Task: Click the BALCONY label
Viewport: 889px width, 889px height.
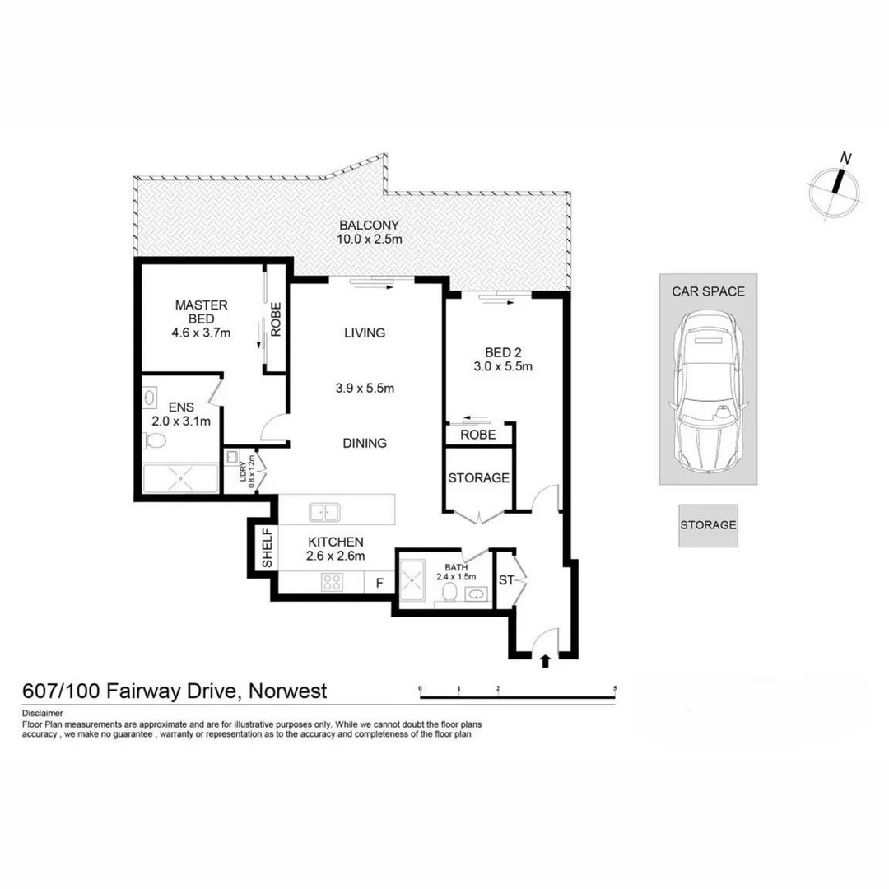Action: click(x=370, y=225)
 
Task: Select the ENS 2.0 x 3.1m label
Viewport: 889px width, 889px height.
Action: click(x=181, y=414)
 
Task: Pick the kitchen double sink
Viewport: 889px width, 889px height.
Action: click(x=325, y=512)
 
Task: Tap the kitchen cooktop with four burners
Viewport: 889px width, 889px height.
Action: click(x=332, y=581)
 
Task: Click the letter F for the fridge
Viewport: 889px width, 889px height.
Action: click(x=379, y=582)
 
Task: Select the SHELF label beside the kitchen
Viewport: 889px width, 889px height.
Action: click(x=267, y=549)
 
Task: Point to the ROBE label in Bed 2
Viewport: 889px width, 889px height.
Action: click(x=477, y=435)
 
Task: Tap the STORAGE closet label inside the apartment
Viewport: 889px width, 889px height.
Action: click(x=478, y=477)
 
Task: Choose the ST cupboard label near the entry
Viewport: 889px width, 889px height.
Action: click(x=505, y=580)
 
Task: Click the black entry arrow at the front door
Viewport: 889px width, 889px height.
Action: click(x=544, y=660)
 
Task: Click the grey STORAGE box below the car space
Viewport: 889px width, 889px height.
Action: click(x=708, y=524)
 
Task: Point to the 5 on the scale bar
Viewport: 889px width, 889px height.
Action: click(x=615, y=687)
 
